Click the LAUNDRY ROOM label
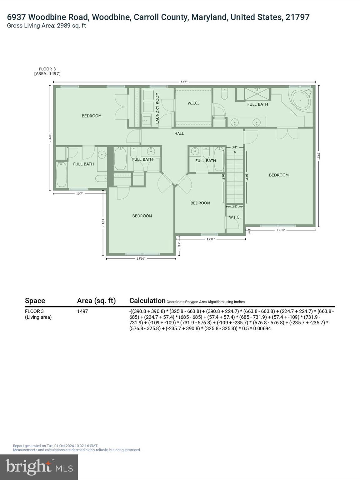coord(157,108)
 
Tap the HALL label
coord(179,133)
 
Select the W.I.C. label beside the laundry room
coord(193,103)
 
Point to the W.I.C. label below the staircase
coord(235,217)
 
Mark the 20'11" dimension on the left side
coord(50,138)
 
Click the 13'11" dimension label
coord(210,239)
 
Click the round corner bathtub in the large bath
coord(301,100)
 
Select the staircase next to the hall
coord(234,177)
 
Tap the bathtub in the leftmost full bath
coord(61,175)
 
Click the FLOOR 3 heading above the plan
coord(47,69)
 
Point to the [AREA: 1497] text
coord(47,74)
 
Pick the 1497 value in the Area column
coord(82,311)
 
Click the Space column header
coord(35,301)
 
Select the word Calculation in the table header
coord(147,301)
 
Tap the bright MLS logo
coord(39,467)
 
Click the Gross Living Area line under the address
coord(47,26)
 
